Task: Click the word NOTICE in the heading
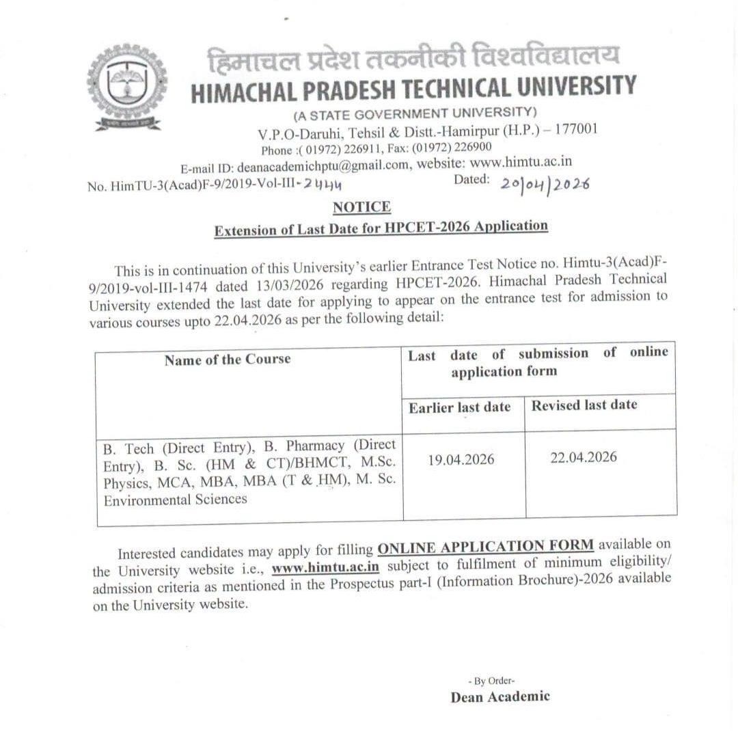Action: (361, 206)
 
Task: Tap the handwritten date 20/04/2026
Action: (545, 184)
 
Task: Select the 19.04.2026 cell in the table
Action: (461, 459)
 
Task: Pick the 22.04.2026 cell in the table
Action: (584, 457)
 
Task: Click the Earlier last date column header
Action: (459, 408)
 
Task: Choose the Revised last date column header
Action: (584, 405)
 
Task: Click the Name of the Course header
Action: (228, 359)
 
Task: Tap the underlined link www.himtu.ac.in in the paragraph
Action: (325, 567)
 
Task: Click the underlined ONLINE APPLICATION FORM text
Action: (486, 547)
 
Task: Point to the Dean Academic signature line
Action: (500, 696)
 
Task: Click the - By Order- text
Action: (492, 681)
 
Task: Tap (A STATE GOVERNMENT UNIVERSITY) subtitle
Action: (415, 112)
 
